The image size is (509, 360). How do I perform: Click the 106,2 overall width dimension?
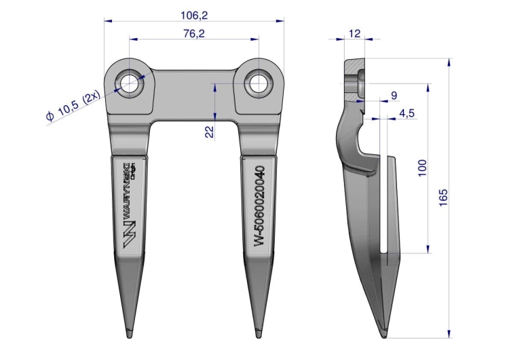(x=193, y=14)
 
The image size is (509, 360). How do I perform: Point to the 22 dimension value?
(x=210, y=131)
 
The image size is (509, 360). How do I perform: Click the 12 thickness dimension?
(x=354, y=33)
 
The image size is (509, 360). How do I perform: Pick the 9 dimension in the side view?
(x=394, y=95)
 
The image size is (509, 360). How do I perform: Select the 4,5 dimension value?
(x=407, y=113)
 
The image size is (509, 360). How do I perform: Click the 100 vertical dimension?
(x=422, y=168)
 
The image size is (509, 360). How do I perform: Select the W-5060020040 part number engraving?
(x=259, y=207)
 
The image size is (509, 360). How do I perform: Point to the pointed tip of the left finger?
(x=130, y=333)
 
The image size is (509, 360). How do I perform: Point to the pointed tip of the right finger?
(x=257, y=333)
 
